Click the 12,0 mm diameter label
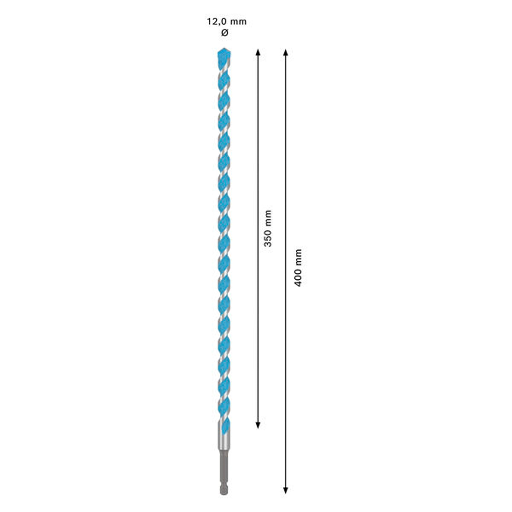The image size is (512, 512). [227, 22]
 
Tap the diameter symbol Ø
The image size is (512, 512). [225, 33]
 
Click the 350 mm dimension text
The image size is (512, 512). [268, 228]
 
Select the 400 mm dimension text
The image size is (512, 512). [298, 268]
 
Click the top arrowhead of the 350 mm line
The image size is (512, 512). [258, 52]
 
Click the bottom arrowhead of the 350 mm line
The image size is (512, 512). [258, 425]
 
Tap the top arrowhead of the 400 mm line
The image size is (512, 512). [286, 52]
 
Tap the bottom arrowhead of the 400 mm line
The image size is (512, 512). [286, 490]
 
